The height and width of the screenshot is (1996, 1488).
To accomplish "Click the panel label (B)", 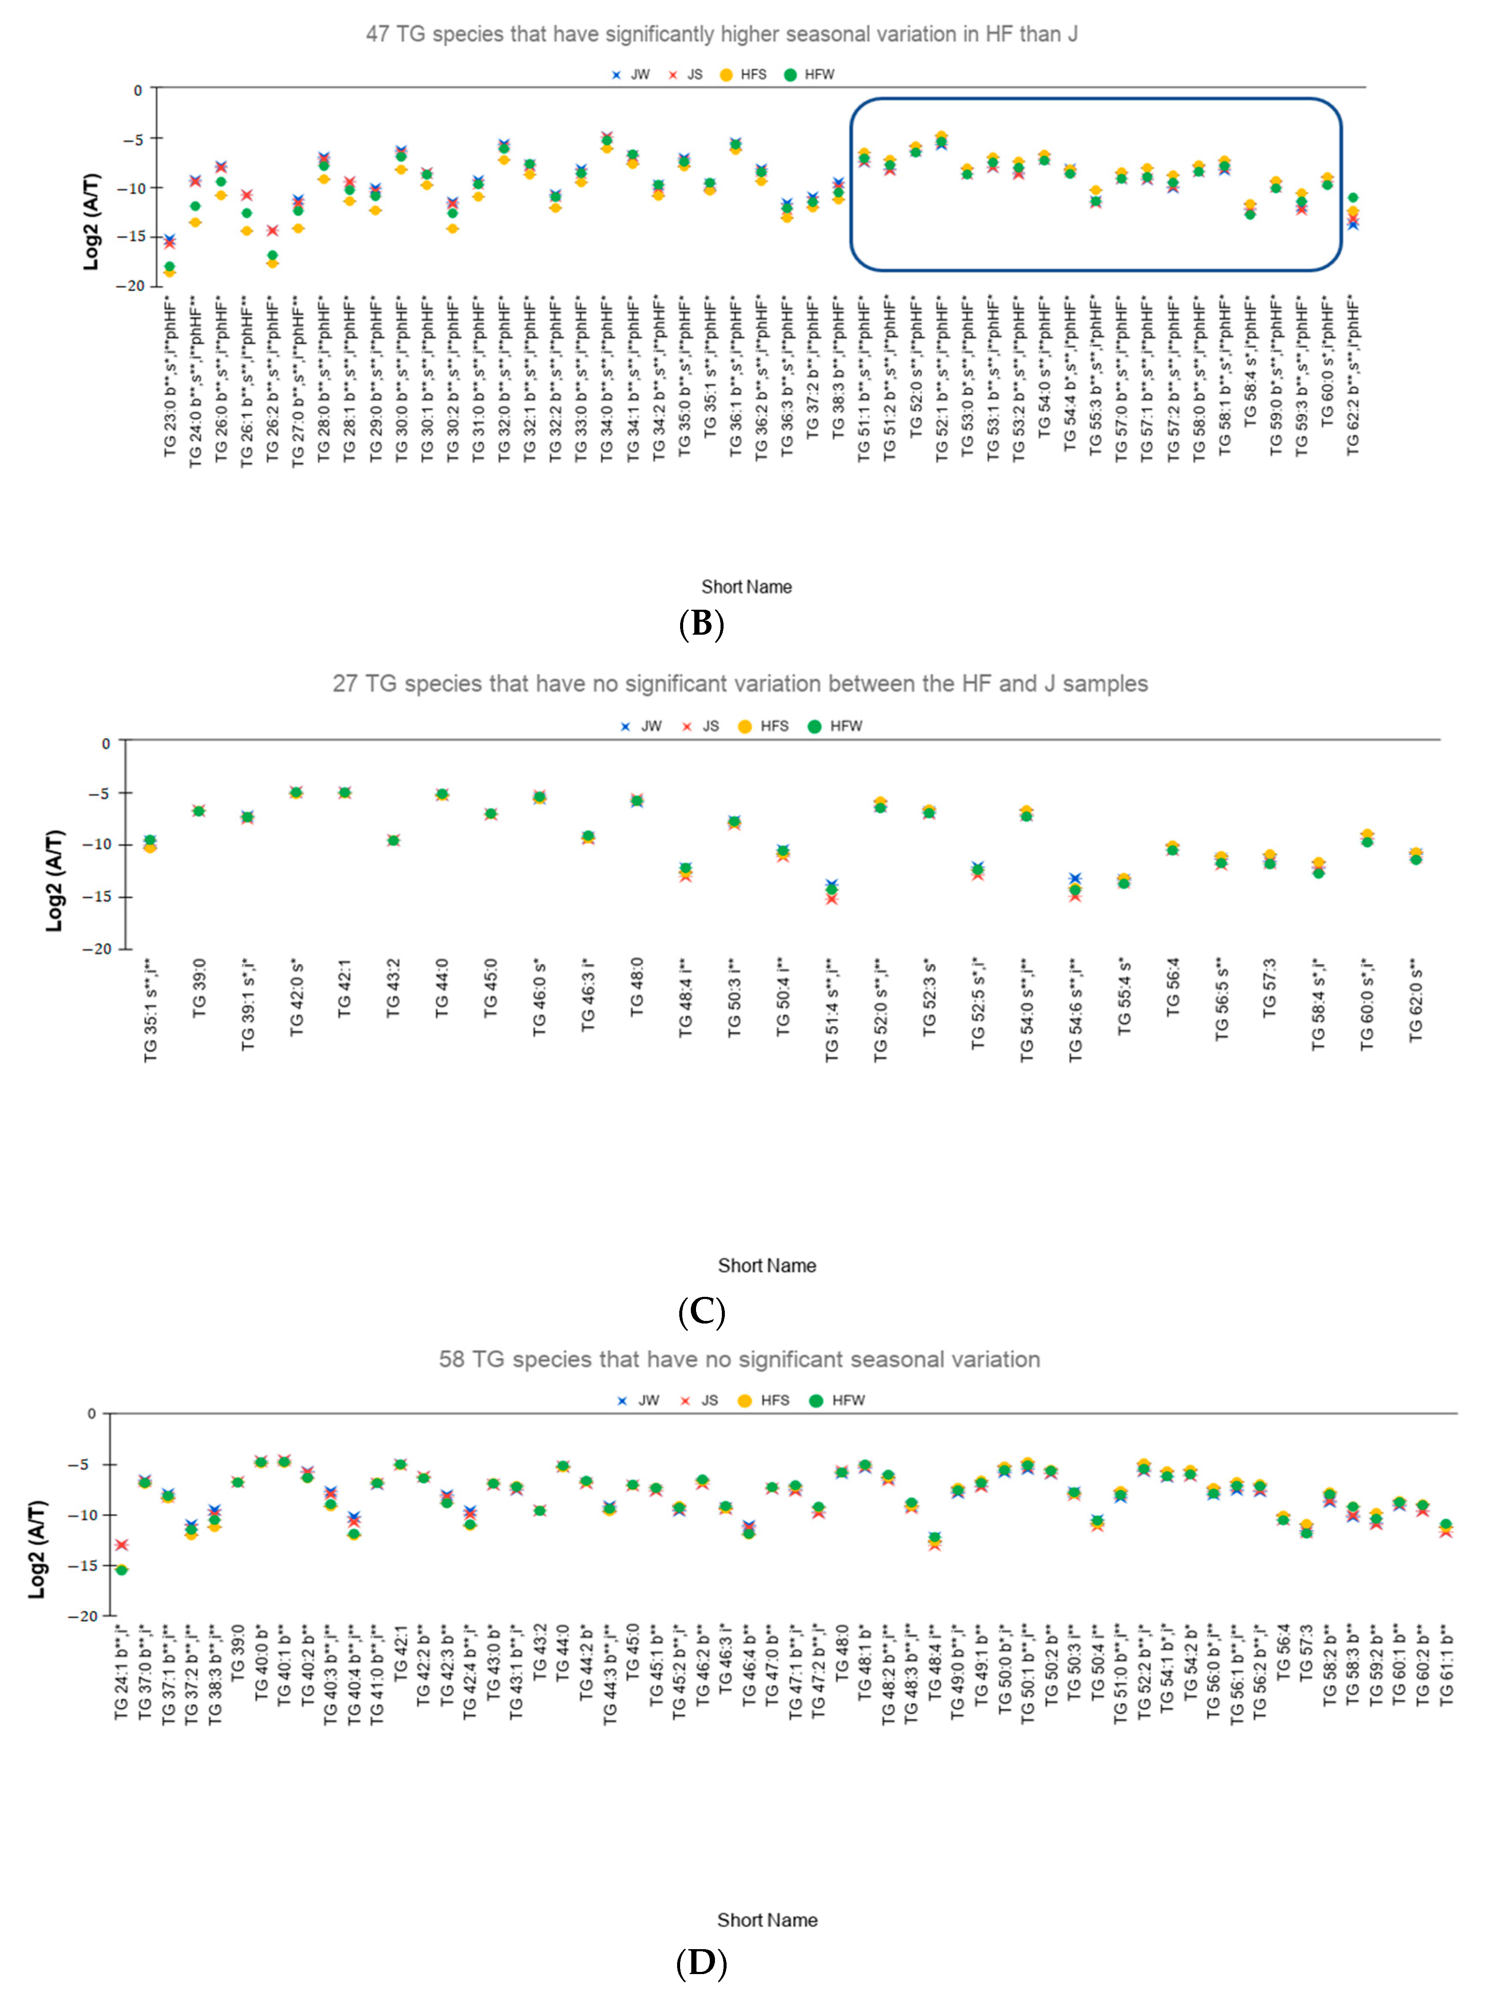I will [x=701, y=624].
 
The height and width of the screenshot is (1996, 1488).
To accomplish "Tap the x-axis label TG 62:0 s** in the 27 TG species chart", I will [x=1416, y=999].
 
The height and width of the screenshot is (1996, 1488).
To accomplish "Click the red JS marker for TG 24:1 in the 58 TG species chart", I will [x=122, y=1545].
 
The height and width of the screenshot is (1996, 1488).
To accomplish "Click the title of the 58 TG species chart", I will [x=739, y=1360].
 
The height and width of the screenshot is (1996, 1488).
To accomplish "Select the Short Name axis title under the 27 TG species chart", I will [x=767, y=1266].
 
